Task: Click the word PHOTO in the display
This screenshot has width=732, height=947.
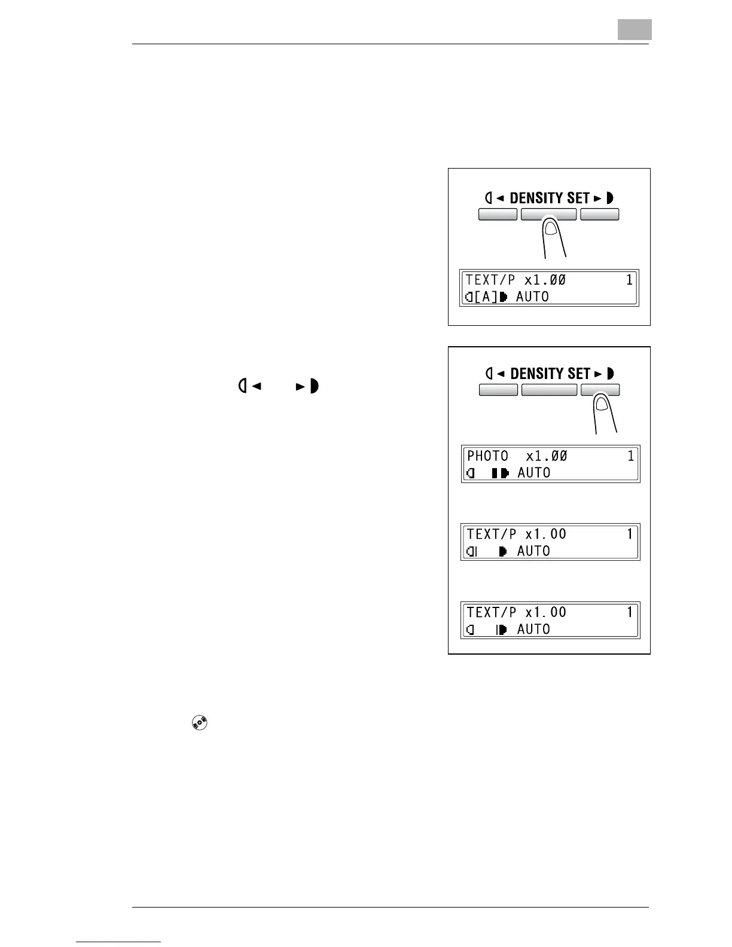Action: click(x=487, y=456)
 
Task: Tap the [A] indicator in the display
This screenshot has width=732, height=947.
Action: click(x=486, y=297)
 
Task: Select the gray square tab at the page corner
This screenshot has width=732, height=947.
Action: click(x=635, y=29)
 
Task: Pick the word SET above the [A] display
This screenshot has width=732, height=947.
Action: click(x=578, y=198)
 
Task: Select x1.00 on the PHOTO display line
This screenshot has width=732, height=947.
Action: click(x=546, y=456)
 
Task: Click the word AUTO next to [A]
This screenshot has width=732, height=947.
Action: click(x=532, y=297)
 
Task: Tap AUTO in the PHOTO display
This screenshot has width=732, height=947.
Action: click(x=533, y=472)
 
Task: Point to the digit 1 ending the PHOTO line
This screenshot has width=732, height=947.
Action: click(x=630, y=456)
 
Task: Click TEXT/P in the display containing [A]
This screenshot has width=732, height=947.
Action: click(x=490, y=280)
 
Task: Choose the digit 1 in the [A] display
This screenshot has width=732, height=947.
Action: click(x=629, y=280)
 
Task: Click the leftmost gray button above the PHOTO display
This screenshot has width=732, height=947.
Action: click(x=498, y=390)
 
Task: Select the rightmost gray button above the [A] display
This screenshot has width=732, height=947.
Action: click(x=599, y=215)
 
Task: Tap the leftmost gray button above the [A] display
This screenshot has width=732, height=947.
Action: click(x=498, y=215)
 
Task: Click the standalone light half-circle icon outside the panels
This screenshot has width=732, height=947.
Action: click(x=243, y=386)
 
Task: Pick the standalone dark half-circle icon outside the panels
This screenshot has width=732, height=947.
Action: click(x=314, y=386)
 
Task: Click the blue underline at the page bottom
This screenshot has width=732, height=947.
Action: click(x=118, y=942)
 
